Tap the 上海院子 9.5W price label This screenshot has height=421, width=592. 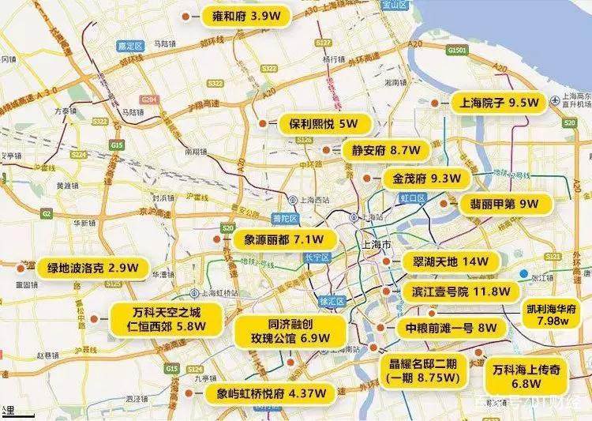[x=495, y=103]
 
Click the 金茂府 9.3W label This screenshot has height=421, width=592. [x=422, y=179]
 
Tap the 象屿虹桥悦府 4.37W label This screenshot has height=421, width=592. [x=266, y=393]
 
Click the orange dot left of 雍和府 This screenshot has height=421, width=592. [x=184, y=15]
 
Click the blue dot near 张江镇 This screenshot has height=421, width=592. [x=524, y=274]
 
